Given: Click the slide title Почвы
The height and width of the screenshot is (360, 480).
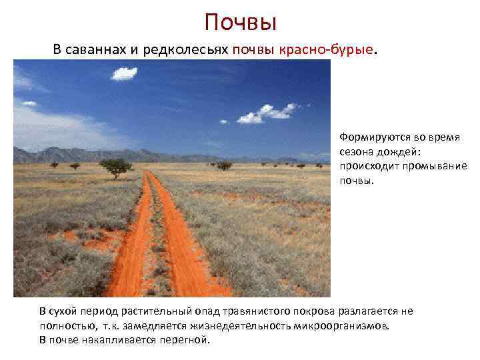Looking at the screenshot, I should [240, 23].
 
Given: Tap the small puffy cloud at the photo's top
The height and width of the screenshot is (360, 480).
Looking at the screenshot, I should [124, 73].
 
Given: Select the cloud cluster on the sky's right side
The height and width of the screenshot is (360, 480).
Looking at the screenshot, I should [267, 113].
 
